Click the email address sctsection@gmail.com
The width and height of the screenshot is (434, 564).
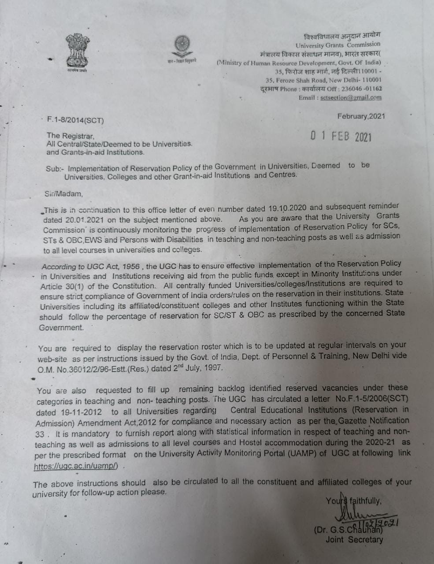click(351, 98)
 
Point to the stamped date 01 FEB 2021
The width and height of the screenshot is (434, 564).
click(341, 136)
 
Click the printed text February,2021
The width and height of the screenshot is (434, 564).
click(361, 116)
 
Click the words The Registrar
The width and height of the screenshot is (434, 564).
click(70, 136)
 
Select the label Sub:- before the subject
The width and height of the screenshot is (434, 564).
click(56, 168)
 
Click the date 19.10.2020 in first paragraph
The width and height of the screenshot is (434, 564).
click(287, 208)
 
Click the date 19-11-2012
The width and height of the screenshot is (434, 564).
click(69, 412)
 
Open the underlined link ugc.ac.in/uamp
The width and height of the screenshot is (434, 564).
click(76, 467)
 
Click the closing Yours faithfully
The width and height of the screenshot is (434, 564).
click(353, 501)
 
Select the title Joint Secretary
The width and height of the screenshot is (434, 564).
click(354, 539)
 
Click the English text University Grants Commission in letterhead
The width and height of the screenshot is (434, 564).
click(338, 45)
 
